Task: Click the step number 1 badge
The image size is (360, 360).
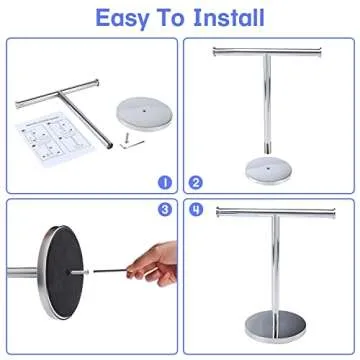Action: [163, 183]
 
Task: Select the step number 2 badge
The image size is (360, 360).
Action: [196, 183]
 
